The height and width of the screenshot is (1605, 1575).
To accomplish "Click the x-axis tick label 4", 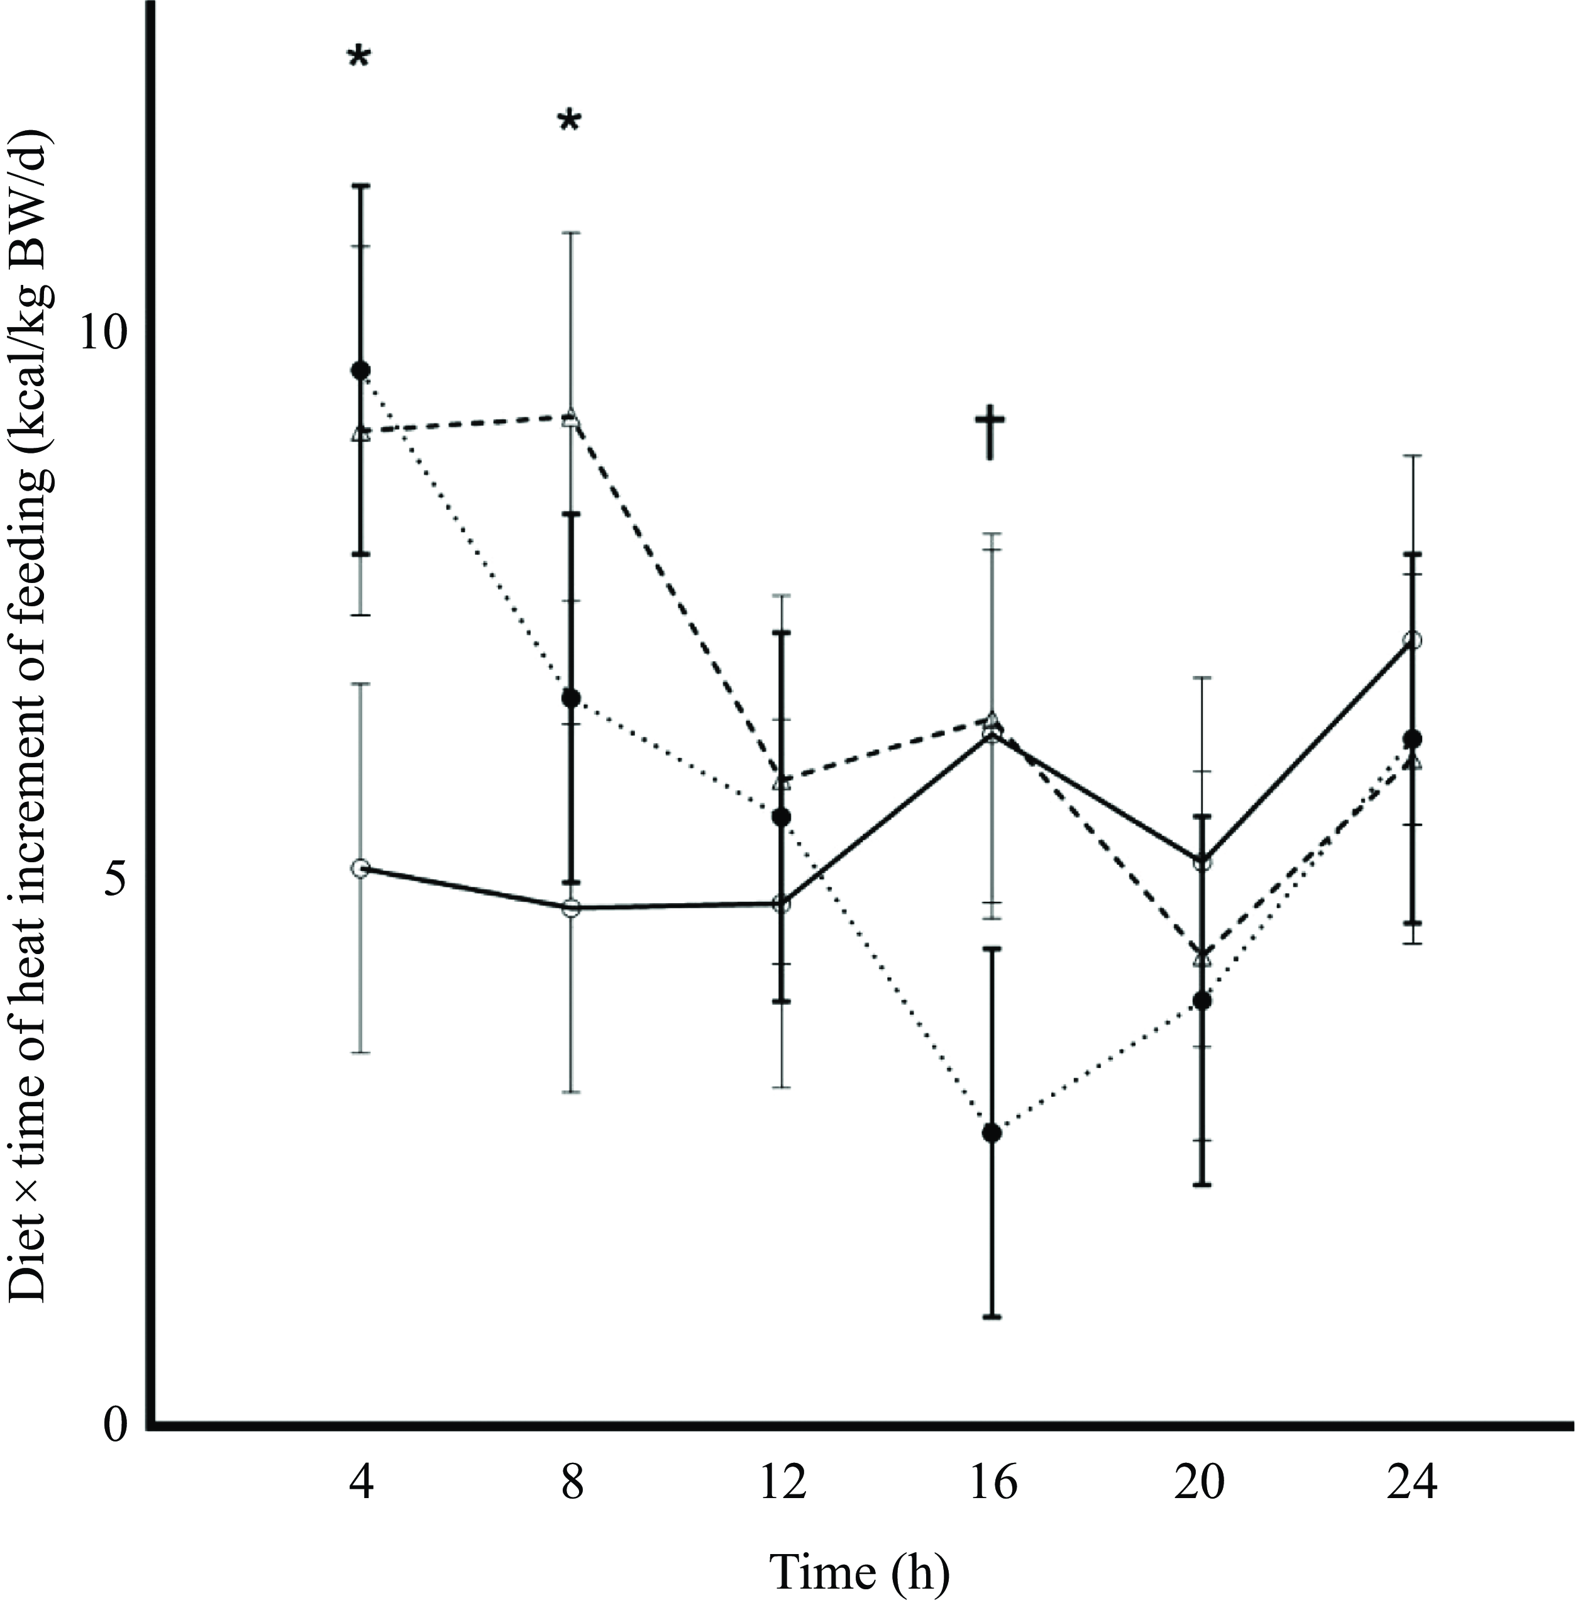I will tap(361, 1440).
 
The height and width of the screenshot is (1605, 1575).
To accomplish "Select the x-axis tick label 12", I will tap(782, 1440).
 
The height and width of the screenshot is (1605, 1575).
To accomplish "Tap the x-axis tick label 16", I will tap(992, 1440).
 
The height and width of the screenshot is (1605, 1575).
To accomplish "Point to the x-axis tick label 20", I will tap(1201, 1440).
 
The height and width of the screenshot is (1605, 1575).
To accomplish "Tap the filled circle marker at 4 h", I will tap(361, 370).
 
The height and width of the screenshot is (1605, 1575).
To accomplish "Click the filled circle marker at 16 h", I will tap(992, 1133).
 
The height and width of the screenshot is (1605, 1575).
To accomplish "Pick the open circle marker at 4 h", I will tap(361, 868).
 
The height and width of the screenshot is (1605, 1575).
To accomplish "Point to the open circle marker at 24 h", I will tap(1413, 640).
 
